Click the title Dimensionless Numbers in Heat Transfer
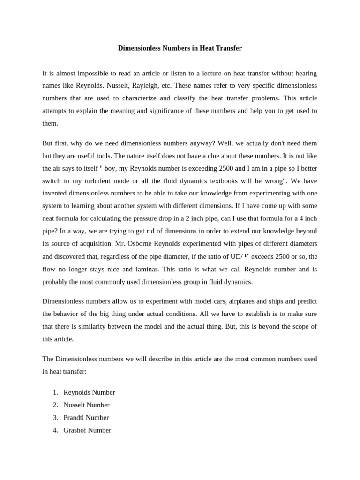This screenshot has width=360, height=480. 180,48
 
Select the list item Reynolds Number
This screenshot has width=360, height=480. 89,392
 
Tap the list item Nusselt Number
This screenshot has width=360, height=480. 86,405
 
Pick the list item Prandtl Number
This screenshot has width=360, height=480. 86,417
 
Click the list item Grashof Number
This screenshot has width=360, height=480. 87,430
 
